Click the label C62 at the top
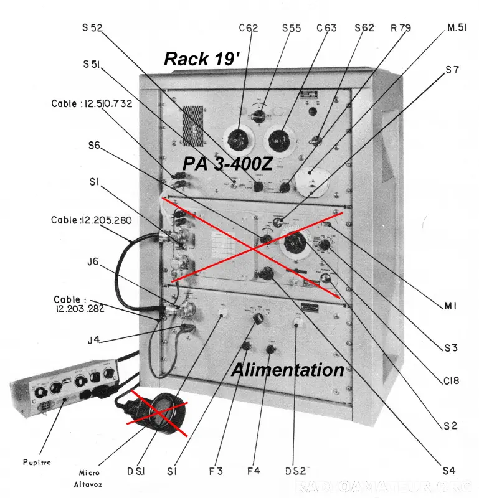[x=248, y=28]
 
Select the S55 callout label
[x=292, y=28]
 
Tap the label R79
[x=401, y=28]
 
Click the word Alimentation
[x=288, y=370]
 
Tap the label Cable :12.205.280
[x=92, y=220]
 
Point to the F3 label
[x=216, y=471]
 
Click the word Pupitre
[x=34, y=463]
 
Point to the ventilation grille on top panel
[x=194, y=122]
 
